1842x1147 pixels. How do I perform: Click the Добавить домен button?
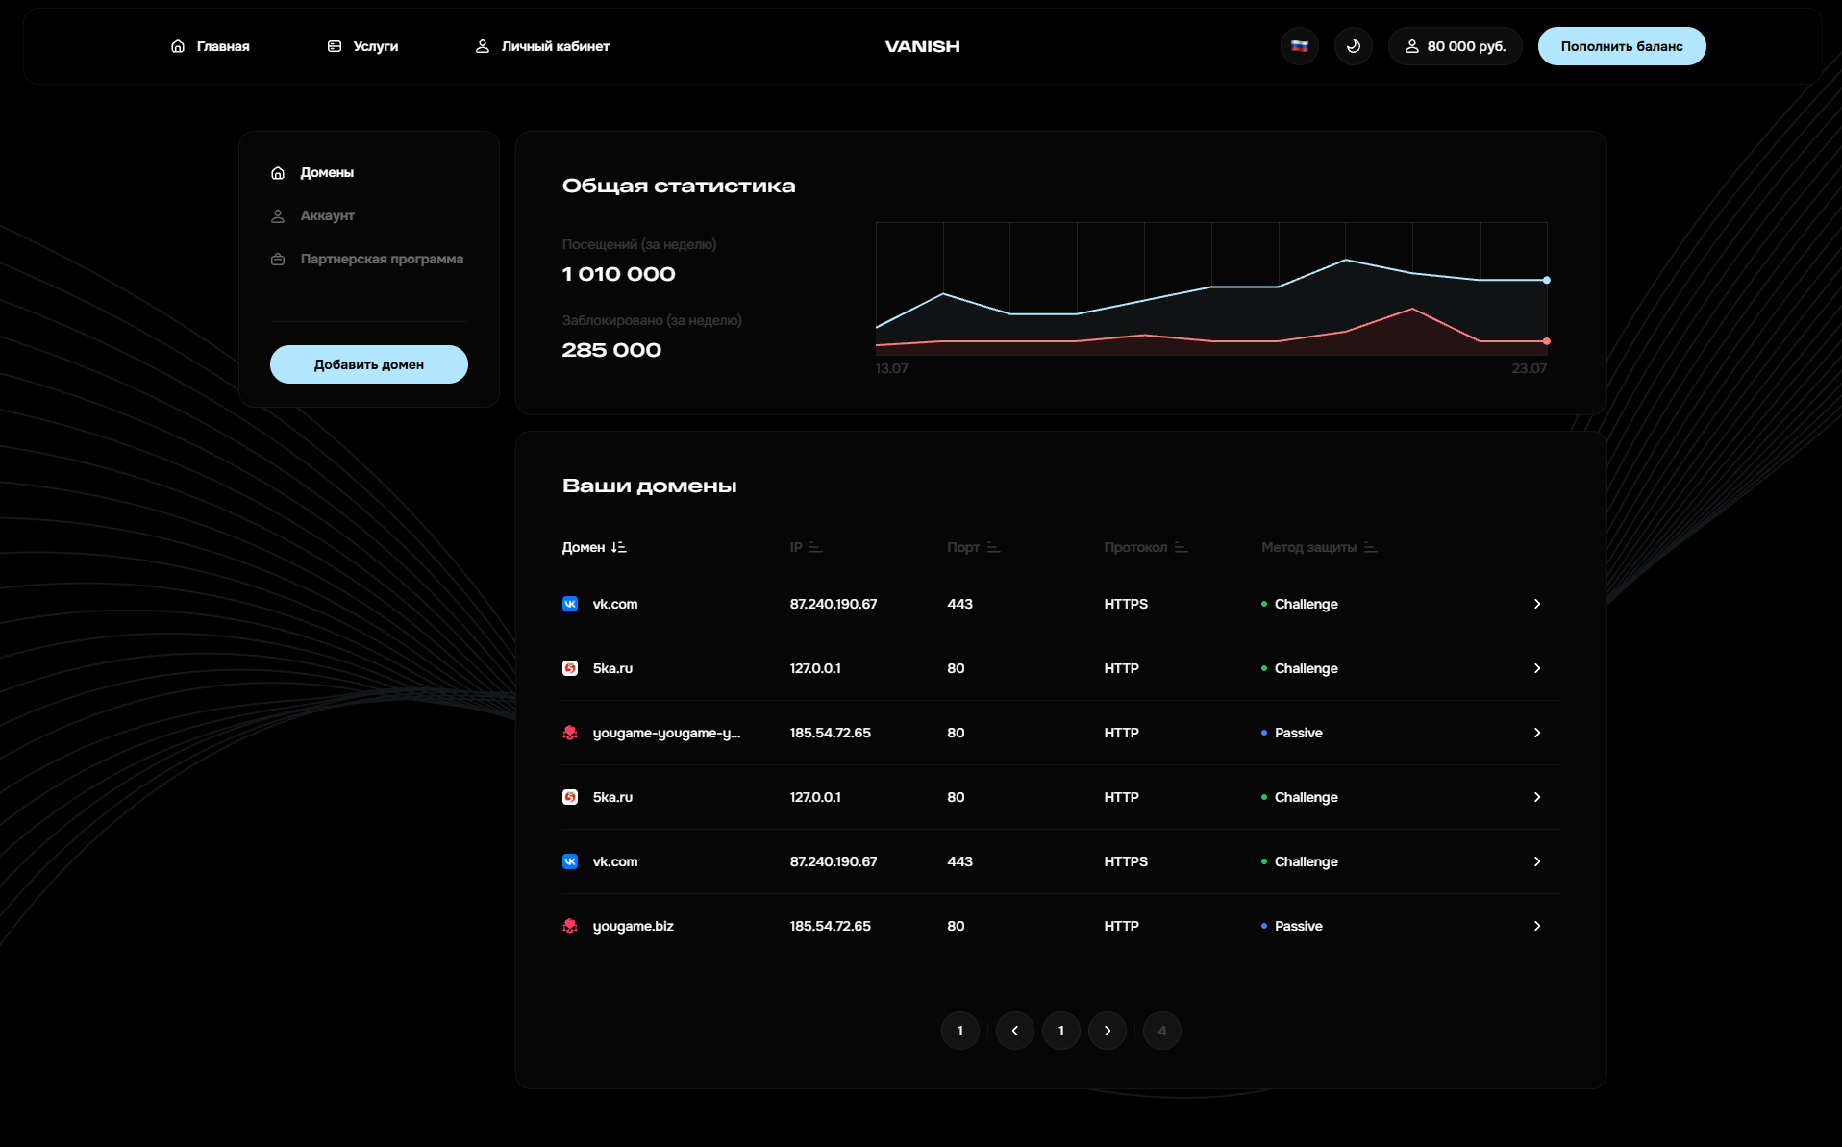click(368, 364)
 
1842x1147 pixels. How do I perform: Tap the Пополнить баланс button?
click(1621, 46)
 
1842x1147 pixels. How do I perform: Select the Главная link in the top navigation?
click(211, 46)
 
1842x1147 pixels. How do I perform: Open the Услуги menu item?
click(363, 46)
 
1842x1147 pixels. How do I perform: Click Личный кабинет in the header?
click(543, 46)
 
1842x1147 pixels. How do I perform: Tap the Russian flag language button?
click(1299, 46)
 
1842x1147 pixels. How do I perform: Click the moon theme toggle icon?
click(1353, 46)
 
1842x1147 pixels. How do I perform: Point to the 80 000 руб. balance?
click(1455, 46)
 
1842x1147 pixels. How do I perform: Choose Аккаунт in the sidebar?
click(327, 215)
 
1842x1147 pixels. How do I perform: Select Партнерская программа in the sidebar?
click(381, 259)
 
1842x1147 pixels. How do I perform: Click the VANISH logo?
click(922, 46)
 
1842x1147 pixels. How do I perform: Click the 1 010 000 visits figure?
click(618, 274)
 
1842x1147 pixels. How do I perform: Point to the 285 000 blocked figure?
click(611, 350)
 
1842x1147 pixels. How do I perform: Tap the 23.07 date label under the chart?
click(1529, 368)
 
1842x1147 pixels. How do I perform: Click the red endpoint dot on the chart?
click(1546, 341)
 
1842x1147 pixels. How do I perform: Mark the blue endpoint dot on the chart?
click(1546, 280)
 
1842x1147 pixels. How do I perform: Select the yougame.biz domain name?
click(633, 926)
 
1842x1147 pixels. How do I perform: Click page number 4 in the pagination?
click(1161, 1031)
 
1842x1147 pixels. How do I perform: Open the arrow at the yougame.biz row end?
click(1536, 926)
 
